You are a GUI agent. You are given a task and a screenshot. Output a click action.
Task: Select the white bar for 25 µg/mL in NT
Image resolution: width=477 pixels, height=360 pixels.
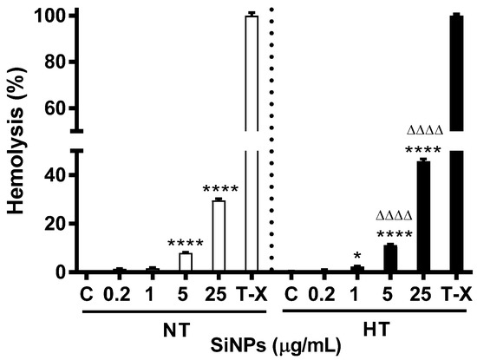point(219,236)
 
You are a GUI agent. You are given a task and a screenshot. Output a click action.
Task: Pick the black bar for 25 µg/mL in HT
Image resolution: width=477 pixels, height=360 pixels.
point(423,217)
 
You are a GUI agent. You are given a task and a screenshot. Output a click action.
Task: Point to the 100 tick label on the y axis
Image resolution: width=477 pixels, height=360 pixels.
point(49,16)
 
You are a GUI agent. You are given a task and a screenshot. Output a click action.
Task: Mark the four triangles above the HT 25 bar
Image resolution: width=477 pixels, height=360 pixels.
point(424,132)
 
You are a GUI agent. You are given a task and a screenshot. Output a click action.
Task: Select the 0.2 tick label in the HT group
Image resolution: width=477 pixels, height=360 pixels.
point(323,292)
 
